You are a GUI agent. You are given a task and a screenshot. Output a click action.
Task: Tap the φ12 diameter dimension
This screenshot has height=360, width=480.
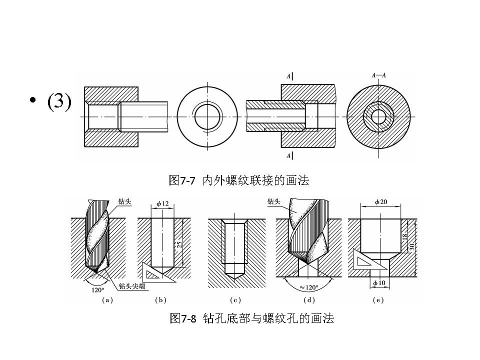coord(162,203)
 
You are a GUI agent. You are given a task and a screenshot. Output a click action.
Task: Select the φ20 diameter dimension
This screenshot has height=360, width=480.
coord(381,201)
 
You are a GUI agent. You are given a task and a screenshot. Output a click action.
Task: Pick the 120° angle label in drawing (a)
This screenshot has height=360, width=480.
coord(98,289)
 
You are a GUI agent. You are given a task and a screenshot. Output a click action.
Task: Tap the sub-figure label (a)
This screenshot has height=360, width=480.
coord(107,300)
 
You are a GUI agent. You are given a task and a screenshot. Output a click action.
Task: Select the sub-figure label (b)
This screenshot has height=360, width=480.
coord(161,300)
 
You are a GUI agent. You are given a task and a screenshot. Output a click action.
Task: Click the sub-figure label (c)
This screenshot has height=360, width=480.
coord(234,300)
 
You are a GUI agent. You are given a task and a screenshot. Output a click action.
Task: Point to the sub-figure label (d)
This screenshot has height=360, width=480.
coord(309,300)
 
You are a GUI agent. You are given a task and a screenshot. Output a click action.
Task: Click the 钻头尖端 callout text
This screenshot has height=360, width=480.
coord(132,286)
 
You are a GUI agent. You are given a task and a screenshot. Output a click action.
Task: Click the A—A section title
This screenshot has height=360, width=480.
coord(379,75)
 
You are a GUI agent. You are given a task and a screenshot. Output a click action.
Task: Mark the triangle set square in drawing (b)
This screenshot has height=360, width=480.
coord(156,272)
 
